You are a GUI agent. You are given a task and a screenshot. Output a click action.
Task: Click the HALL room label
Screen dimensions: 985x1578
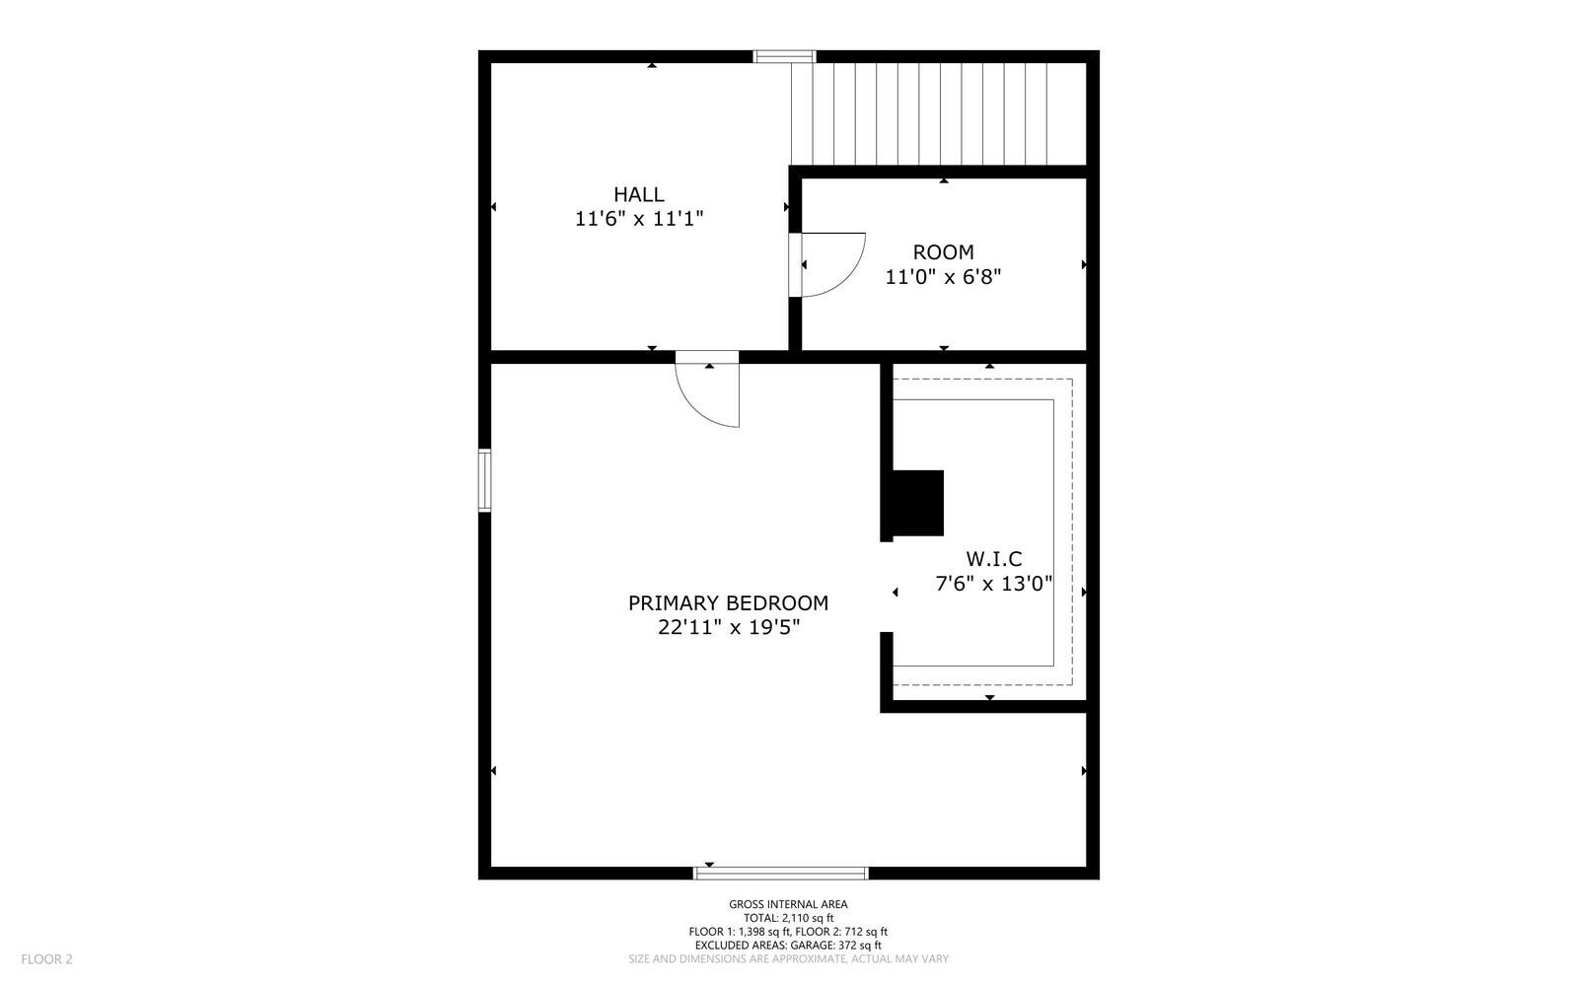639,194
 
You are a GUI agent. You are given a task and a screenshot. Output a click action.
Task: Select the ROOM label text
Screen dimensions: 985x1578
943,252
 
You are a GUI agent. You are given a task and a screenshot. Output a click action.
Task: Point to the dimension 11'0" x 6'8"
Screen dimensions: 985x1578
943,277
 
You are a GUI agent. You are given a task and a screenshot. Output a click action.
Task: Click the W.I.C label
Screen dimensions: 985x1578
993,559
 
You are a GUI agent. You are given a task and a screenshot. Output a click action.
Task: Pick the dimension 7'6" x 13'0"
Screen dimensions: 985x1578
993,583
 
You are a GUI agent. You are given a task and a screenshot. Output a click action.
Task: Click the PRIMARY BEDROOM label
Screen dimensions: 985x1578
728,602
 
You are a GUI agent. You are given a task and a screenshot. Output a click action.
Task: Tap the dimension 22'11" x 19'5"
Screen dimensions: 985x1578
728,627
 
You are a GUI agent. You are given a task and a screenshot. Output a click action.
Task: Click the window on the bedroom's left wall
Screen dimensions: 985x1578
484,480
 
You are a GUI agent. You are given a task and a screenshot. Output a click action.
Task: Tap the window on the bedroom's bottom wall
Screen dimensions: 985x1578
781,873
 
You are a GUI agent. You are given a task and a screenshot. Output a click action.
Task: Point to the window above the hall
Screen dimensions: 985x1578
784,56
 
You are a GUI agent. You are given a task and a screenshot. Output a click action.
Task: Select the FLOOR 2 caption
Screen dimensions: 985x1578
47,958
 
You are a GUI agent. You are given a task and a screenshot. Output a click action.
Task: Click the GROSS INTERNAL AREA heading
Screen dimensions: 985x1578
788,904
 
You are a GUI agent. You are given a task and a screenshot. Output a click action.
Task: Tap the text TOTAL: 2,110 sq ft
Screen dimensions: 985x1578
788,918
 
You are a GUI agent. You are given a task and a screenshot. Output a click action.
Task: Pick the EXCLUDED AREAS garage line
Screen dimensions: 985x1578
788,945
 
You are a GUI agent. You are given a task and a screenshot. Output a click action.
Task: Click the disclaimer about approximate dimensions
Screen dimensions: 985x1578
788,958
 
